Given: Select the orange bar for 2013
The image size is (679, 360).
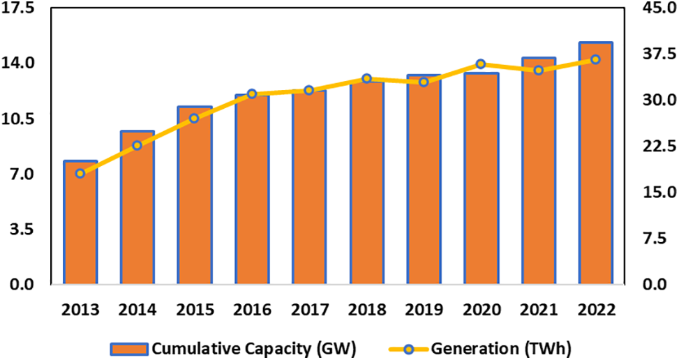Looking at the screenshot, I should (x=80, y=223).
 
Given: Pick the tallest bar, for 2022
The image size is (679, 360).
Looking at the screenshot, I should (x=595, y=163).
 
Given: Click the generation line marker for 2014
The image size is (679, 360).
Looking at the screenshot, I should (x=137, y=145).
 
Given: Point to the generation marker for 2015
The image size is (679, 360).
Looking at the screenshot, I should (x=195, y=119).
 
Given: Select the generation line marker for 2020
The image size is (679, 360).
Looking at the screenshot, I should (x=481, y=64).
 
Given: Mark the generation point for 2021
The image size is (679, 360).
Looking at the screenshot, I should (x=538, y=70).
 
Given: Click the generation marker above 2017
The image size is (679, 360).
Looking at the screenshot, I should (x=309, y=91).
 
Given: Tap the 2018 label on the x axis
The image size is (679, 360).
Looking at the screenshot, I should (x=366, y=309).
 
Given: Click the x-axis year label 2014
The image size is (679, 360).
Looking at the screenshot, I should (x=137, y=309).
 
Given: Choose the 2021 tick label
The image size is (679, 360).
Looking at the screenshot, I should (x=538, y=309).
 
